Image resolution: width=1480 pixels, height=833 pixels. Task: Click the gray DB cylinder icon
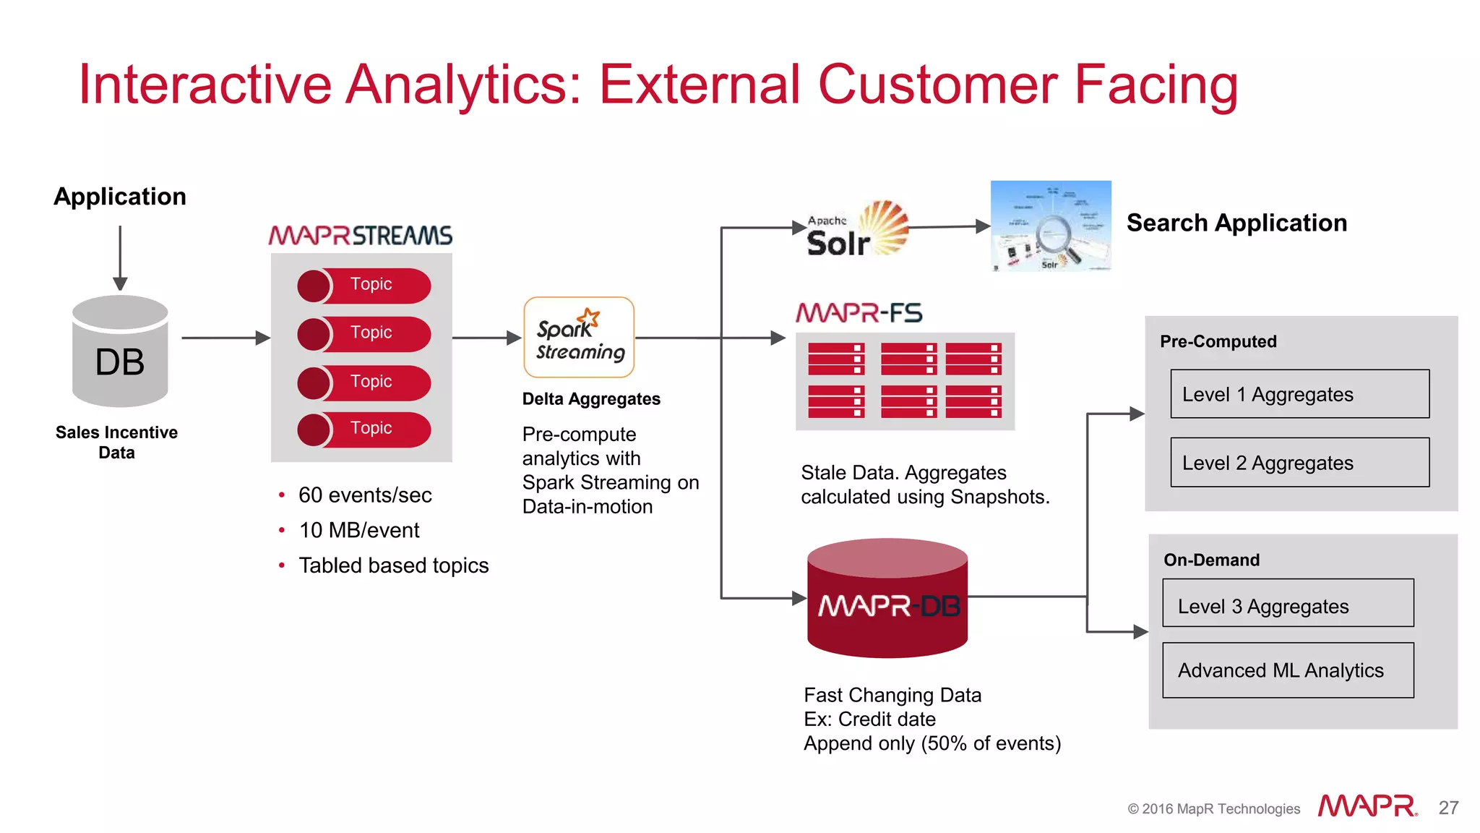[x=120, y=351]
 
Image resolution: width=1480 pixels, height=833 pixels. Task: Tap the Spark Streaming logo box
[x=579, y=337]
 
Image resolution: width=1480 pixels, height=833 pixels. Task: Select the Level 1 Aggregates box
[x=1299, y=394]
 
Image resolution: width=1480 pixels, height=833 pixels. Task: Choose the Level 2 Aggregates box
[x=1299, y=462]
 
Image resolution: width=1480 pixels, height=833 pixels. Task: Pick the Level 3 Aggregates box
[x=1287, y=603]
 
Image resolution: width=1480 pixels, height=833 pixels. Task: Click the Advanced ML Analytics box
[x=1287, y=670]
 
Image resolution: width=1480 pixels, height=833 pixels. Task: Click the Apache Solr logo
[x=857, y=230]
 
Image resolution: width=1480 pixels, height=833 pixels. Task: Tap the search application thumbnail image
[x=1050, y=226]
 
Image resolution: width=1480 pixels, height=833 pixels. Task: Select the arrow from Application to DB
[x=120, y=257]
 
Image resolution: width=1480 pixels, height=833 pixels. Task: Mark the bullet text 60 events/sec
[x=365, y=495]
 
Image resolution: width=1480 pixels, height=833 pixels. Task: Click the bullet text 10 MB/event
[x=359, y=530]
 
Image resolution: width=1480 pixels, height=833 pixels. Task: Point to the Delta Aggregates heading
[x=590, y=399]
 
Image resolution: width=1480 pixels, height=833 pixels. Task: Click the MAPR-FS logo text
[x=859, y=313]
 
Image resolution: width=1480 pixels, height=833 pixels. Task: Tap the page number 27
[x=1448, y=808]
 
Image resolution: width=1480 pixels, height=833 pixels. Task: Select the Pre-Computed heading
[x=1218, y=341]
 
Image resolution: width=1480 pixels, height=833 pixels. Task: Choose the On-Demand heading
[x=1211, y=560]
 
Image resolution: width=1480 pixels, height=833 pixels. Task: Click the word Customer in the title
[x=937, y=85]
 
